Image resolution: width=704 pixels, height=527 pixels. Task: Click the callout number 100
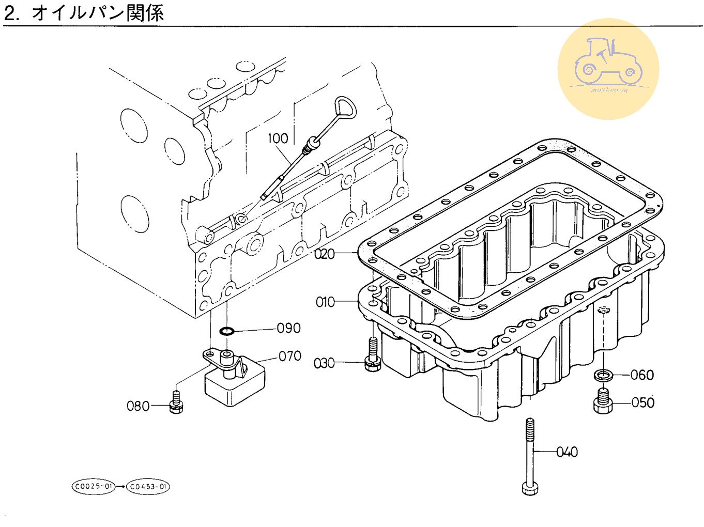coord(278,138)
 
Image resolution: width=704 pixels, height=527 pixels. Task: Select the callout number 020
coord(325,254)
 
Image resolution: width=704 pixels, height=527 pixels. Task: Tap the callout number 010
coord(325,302)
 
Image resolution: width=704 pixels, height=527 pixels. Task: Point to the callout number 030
coord(324,364)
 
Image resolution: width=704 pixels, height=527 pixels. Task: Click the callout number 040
coord(567,453)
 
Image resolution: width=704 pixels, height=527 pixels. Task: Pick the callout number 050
coord(642,402)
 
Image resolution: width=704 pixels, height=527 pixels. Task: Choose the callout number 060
coord(642,375)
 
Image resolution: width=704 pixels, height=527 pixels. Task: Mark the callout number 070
coord(290,357)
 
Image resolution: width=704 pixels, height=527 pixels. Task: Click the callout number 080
coord(138,407)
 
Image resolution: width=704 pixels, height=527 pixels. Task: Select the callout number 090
coord(288,329)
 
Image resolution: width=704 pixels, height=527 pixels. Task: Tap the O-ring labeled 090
coord(226,331)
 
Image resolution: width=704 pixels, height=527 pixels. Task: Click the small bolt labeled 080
coord(176,402)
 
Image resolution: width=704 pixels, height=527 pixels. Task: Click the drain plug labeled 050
coord(603,401)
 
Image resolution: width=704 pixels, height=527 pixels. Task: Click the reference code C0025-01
coord(93,487)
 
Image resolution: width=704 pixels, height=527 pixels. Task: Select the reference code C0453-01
coord(148,487)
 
